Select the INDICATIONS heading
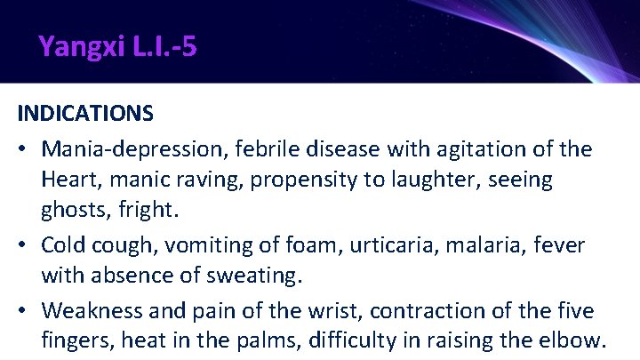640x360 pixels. (85, 115)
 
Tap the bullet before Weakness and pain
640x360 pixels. (23, 310)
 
